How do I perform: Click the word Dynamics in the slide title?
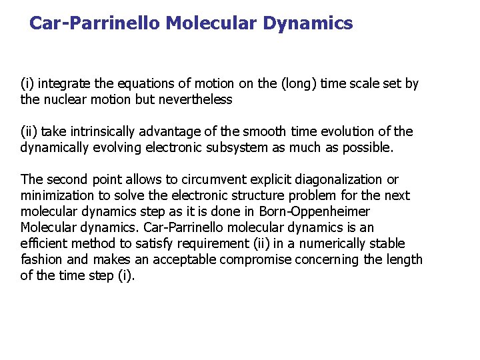pyautogui.click(x=308, y=24)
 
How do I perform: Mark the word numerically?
pyautogui.click(x=307, y=244)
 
